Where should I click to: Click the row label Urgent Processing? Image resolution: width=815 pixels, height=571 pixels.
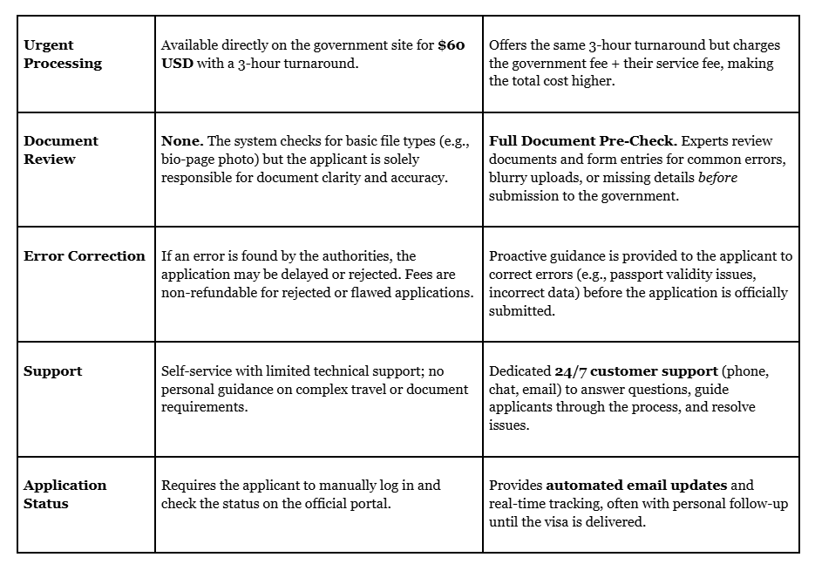63,54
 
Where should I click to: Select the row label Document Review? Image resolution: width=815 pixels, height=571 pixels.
61,150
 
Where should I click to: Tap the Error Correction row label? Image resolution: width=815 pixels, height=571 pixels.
85,255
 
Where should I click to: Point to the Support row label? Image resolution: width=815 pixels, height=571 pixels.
53,370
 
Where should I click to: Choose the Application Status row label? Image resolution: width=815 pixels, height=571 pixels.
65,494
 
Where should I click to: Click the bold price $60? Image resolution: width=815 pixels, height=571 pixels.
451,44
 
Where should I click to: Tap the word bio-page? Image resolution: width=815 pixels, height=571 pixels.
190,159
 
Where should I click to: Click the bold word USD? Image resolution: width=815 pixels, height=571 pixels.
178,63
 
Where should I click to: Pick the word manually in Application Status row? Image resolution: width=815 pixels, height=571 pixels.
341,485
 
